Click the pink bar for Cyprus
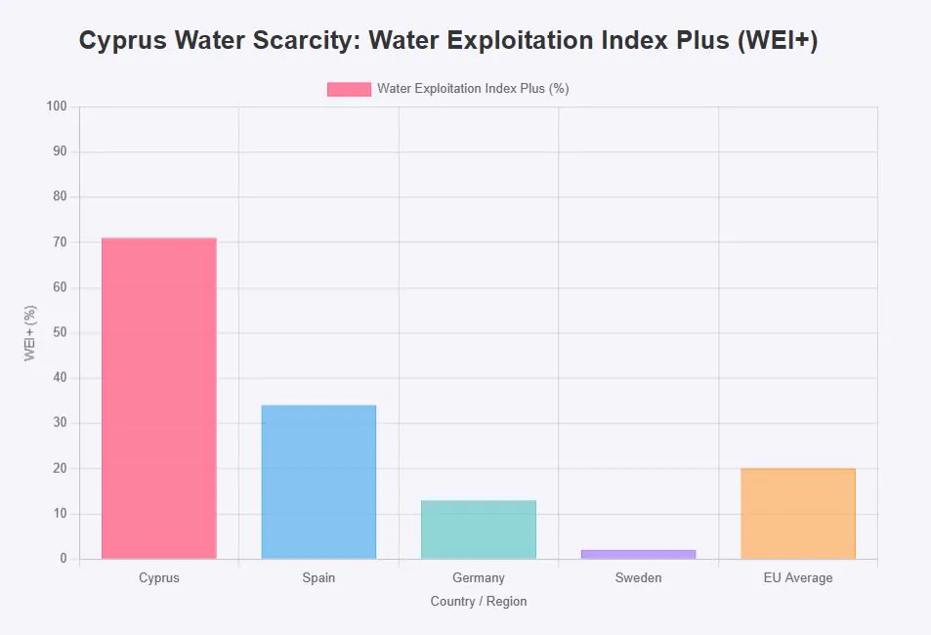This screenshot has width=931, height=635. [158, 399]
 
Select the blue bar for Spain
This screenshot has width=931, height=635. [318, 482]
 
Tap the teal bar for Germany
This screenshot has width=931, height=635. [479, 529]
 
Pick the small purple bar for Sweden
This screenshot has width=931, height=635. [638, 554]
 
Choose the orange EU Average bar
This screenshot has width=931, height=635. [798, 514]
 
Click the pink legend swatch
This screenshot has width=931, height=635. [349, 89]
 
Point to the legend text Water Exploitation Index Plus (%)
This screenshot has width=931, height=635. [473, 89]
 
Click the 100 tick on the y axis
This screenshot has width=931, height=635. [56, 106]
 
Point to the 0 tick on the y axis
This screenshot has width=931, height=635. [63, 559]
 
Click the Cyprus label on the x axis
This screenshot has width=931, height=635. [159, 578]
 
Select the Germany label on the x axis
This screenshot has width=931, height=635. [479, 578]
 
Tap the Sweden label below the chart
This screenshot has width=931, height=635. [638, 578]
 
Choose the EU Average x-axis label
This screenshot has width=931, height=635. [798, 578]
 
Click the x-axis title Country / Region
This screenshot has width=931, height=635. [479, 602]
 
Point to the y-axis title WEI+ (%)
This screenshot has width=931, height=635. [30, 333]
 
